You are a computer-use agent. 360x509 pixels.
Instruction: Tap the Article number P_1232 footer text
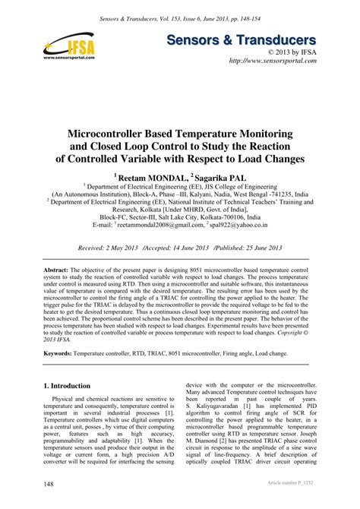pyautogui.click(x=287, y=484)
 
